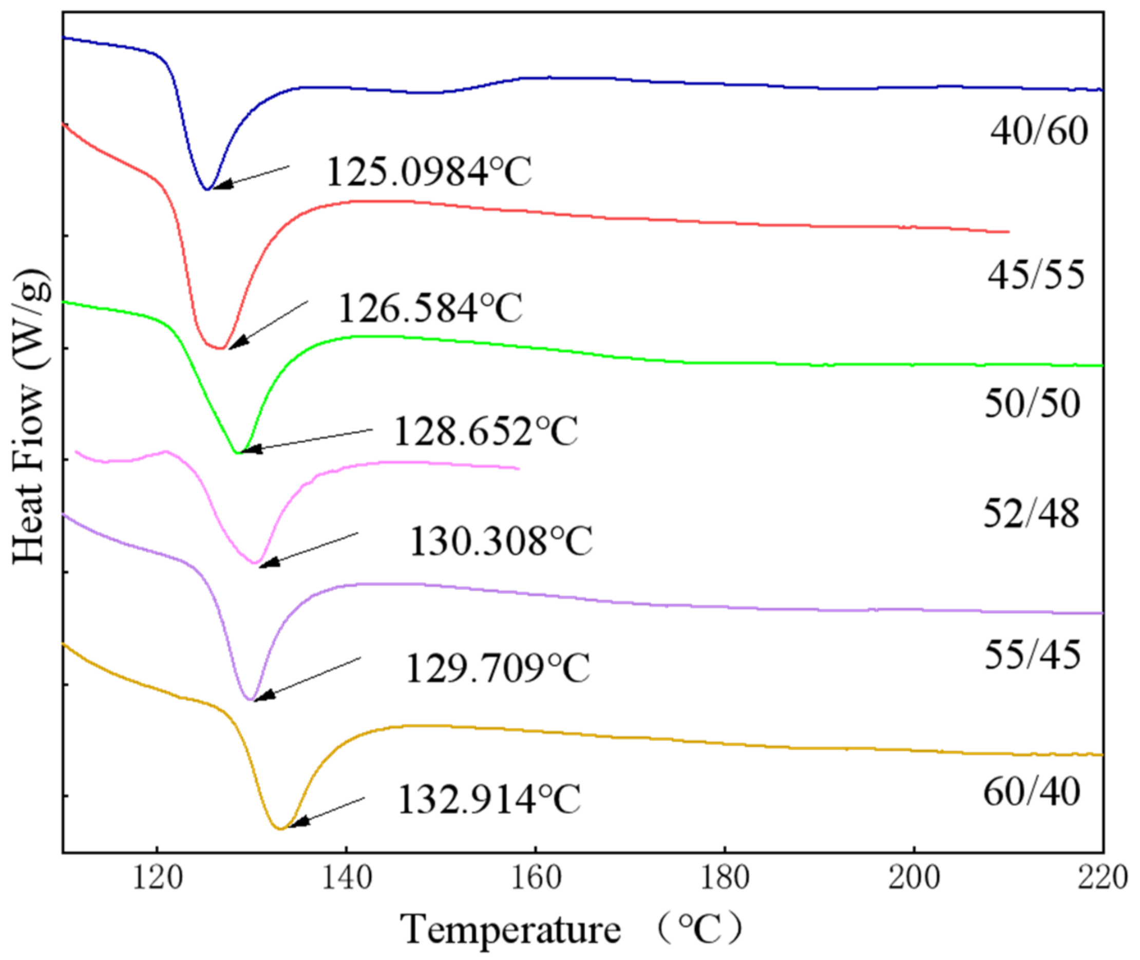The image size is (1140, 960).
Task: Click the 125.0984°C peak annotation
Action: (429, 172)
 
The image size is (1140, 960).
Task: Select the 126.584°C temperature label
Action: (430, 308)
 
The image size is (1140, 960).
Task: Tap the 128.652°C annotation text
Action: (485, 431)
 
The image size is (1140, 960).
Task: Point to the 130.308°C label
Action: (500, 541)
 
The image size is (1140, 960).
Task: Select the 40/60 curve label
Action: (1039, 131)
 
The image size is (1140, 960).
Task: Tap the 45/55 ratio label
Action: (1036, 274)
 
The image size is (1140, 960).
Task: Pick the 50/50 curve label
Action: (1032, 404)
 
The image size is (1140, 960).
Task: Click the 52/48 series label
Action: (1031, 514)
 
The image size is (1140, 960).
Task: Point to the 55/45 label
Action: (1032, 655)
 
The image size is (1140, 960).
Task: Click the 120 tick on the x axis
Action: (157, 878)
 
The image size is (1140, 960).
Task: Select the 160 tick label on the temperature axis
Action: (536, 878)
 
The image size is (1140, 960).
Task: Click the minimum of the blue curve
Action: (207, 190)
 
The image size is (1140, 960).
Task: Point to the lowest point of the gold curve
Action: (281, 829)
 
